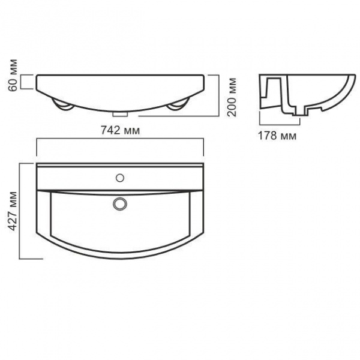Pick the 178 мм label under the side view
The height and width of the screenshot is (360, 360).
pyautogui.click(x=277, y=136)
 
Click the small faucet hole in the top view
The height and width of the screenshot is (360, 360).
pyautogui.click(x=121, y=178)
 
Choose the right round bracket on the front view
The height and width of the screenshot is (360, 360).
pyautogui.click(x=178, y=106)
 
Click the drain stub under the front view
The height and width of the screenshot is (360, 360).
pyautogui.click(x=121, y=113)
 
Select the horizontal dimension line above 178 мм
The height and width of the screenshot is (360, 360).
pyautogui.click(x=277, y=125)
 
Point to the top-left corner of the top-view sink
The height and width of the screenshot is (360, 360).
pyautogui.click(x=38, y=164)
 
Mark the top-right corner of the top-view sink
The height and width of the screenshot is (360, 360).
pyautogui.click(x=204, y=164)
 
